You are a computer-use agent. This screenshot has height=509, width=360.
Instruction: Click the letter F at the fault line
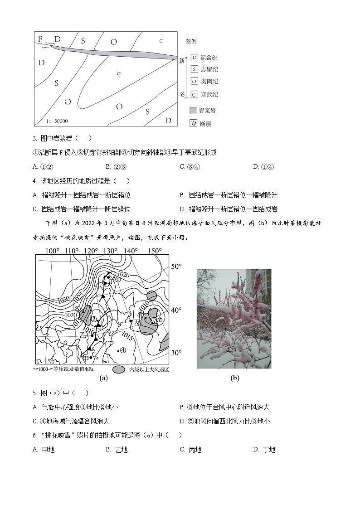coord(40,39)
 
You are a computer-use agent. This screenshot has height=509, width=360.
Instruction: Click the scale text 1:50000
coord(57,121)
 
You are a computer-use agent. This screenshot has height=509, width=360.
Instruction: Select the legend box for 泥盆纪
coord(194,58)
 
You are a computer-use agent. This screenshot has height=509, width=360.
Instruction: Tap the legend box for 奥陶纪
coord(194,82)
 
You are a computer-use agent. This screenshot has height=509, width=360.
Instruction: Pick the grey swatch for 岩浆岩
coord(194,111)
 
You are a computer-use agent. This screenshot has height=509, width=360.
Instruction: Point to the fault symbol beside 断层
coord(194,123)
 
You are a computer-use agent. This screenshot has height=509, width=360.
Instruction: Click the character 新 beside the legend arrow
coord(182,60)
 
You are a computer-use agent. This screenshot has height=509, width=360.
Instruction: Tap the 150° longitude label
coord(155,251)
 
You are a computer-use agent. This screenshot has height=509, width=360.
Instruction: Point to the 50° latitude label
coord(175,267)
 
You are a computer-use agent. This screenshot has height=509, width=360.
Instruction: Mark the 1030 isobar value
coord(64,300)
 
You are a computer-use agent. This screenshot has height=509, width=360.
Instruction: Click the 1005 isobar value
coord(156,320)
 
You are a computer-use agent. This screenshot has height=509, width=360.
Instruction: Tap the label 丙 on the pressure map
coord(136,322)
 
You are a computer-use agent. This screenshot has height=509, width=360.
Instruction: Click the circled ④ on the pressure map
coord(122,349)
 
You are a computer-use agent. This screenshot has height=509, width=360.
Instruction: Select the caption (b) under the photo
coord(234,378)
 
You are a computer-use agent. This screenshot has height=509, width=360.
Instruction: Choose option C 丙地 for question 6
coord(190,450)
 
